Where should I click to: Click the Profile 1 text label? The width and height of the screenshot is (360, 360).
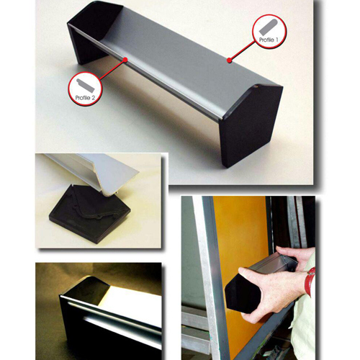click(269, 40)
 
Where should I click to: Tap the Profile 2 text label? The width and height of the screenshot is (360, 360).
click(85, 98)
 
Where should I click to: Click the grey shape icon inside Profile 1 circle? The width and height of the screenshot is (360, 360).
click(268, 27)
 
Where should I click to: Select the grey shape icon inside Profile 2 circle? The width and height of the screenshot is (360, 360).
click(86, 86)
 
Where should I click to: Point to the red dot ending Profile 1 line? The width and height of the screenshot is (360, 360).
click(230, 60)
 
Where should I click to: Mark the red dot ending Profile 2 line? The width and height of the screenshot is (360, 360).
click(125, 59)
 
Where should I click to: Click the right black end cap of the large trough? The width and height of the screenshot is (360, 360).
click(251, 125)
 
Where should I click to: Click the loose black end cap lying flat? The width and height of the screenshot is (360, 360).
click(89, 214)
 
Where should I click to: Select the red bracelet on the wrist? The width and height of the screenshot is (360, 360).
click(310, 281)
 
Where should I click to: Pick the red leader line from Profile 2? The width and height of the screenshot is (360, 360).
click(113, 69)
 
